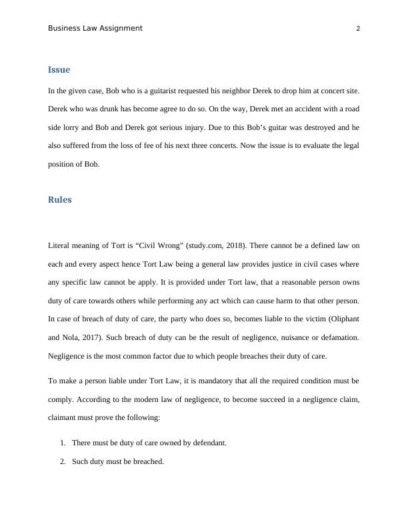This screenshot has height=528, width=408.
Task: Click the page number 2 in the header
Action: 358,29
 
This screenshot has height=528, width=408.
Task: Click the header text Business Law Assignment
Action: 95,28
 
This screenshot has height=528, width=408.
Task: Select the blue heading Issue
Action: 59,69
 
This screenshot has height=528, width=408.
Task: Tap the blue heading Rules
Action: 59,199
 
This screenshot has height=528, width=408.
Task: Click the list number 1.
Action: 62,442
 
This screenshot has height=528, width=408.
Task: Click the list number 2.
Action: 62,461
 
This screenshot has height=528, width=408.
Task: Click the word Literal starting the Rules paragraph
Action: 60,246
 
